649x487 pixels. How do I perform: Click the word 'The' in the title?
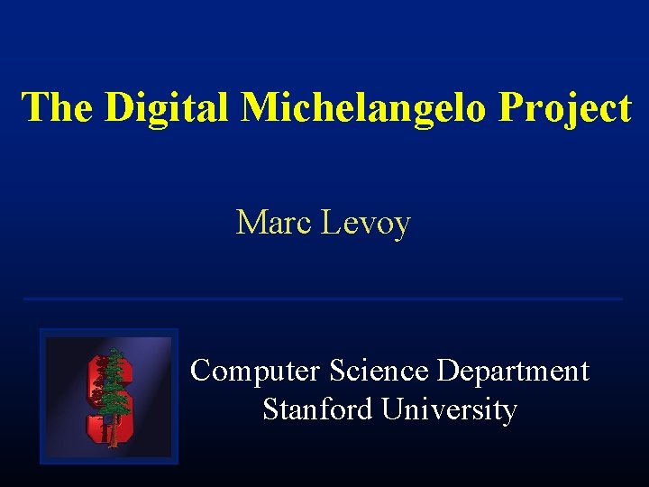click(57, 107)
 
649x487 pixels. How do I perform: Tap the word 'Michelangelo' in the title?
click(364, 107)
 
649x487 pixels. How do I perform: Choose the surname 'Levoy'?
click(365, 222)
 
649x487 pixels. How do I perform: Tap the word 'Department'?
click(513, 372)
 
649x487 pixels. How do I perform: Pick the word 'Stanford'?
click(317, 409)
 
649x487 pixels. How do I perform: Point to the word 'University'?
click(449, 410)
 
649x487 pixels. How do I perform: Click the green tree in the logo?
click(113, 392)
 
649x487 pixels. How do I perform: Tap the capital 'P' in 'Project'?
click(511, 107)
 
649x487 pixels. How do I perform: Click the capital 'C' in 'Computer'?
click(201, 371)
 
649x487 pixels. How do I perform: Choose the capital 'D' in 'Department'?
click(447, 371)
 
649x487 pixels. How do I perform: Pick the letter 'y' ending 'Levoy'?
click(401, 225)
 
